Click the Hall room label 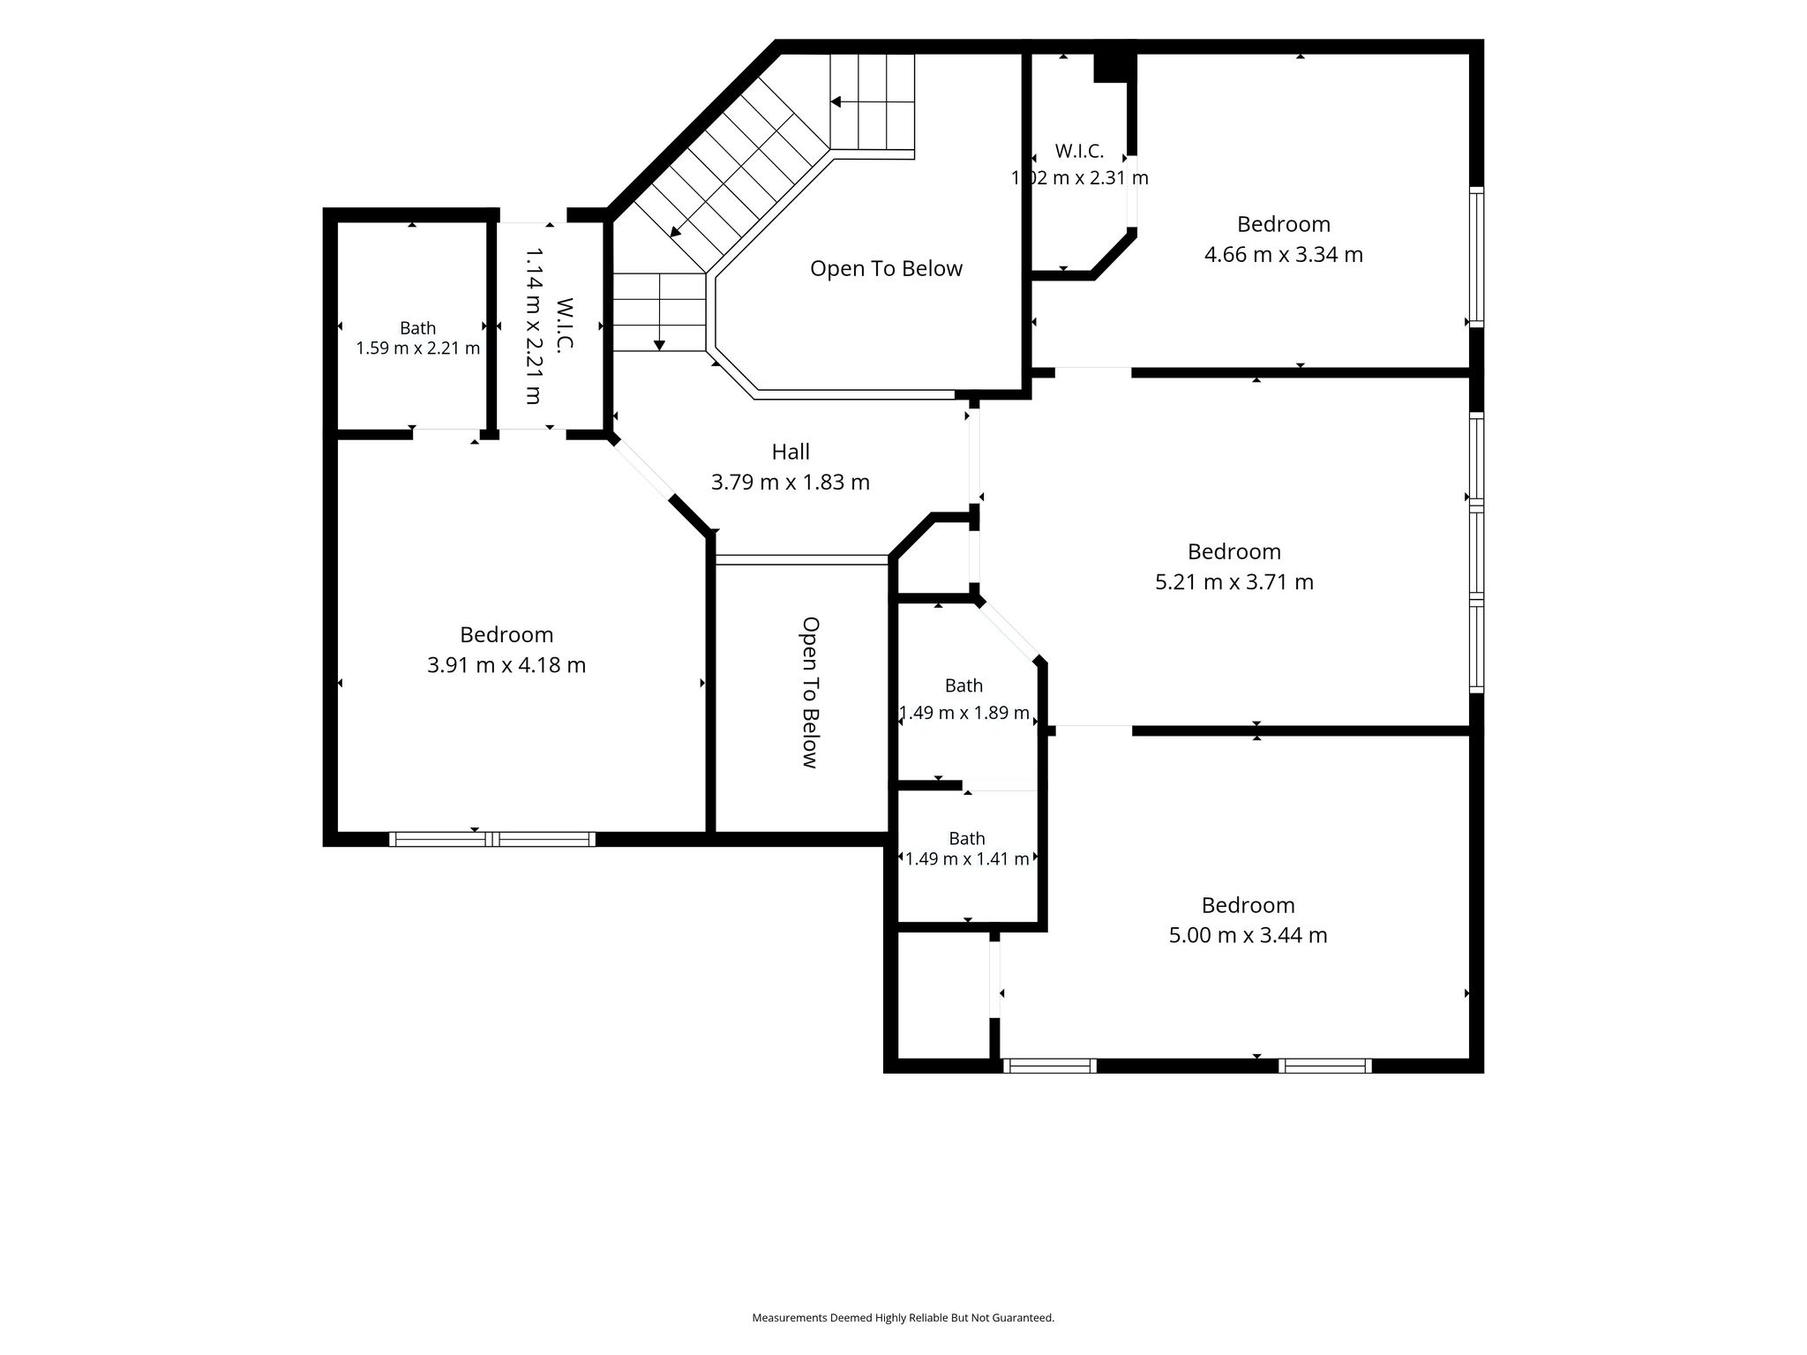[791, 452]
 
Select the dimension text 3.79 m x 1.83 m [791, 483]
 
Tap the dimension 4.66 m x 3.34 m [1284, 255]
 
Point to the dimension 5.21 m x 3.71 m [1234, 582]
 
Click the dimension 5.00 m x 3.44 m [1248, 935]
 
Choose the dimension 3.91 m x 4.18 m [506, 665]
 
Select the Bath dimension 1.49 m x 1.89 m [964, 713]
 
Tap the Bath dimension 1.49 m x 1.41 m [967, 858]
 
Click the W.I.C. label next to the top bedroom [1079, 152]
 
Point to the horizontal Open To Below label [886, 269]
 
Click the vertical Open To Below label [810, 692]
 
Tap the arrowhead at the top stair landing [836, 102]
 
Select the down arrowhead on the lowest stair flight [659, 345]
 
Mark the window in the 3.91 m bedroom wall [492, 839]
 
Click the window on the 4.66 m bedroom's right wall [1476, 257]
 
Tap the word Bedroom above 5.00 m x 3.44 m [1248, 905]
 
